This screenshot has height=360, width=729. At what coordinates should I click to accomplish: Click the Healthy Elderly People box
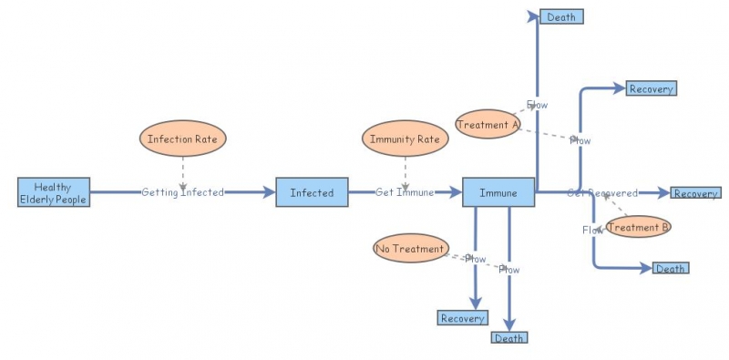54,192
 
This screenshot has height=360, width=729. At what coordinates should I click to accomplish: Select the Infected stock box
312,192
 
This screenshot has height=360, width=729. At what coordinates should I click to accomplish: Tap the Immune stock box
498,192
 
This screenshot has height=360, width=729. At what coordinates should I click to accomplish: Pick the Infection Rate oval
182,139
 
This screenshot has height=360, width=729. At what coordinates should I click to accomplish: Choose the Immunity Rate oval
406,139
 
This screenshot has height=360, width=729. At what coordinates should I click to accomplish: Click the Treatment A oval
488,123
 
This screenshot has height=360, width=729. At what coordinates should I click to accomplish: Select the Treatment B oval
638,227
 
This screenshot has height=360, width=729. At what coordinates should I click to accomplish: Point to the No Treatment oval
411,248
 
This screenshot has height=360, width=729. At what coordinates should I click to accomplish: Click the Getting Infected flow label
182,192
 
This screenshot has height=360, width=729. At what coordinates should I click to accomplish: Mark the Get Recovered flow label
602,192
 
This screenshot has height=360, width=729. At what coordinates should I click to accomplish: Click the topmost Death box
560,16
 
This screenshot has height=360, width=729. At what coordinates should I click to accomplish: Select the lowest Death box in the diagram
508,337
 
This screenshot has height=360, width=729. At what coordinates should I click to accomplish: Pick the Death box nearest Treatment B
670,268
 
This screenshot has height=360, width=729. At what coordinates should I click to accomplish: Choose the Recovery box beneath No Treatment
463,318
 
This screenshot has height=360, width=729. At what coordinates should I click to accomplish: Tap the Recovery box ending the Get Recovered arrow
695,193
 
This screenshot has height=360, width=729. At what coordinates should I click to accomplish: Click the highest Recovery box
651,88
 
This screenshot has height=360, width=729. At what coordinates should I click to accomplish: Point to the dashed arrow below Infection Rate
182,171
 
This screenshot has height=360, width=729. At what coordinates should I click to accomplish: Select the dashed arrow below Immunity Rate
406,171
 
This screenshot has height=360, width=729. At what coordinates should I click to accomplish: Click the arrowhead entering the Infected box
270,192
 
